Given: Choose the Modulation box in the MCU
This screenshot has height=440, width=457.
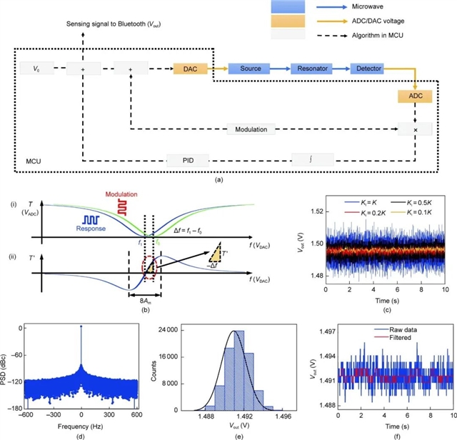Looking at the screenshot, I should pos(251,130).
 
